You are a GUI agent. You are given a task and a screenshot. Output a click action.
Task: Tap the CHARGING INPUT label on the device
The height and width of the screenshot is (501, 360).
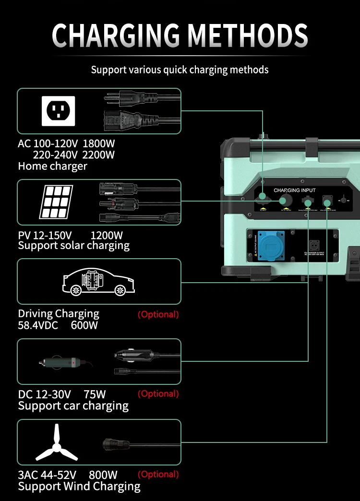click(x=295, y=191)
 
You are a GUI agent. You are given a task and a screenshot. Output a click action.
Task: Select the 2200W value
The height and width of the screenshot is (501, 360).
click(x=99, y=155)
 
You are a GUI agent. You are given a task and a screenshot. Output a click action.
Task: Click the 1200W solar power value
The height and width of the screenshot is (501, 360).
click(x=107, y=235)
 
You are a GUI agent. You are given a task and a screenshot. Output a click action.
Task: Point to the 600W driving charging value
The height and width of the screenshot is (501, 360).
click(x=84, y=325)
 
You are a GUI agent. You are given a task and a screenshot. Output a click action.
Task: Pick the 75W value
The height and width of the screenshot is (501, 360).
click(x=95, y=394)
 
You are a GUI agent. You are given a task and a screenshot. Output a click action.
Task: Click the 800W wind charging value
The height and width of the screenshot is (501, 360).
click(x=103, y=475)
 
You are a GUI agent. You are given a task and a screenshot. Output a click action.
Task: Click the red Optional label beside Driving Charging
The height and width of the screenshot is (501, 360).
click(x=158, y=315)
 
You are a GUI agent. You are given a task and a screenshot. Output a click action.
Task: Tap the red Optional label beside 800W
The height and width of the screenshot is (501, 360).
click(x=158, y=475)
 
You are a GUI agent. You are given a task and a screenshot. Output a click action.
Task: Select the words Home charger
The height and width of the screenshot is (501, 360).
click(x=53, y=166)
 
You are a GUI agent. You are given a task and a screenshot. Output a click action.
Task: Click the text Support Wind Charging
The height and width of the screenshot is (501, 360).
click(x=79, y=486)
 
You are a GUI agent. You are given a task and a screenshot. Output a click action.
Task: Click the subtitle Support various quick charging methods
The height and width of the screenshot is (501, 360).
click(x=180, y=70)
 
